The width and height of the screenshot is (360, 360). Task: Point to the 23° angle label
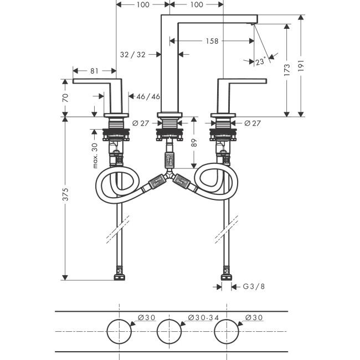(260, 62)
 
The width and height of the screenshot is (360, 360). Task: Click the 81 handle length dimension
(94, 71)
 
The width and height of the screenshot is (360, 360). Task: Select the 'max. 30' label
(95, 156)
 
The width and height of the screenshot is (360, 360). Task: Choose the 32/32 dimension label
(133, 54)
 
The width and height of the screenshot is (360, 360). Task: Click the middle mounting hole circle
(169, 331)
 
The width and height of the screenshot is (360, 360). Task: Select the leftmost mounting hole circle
(118, 331)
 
